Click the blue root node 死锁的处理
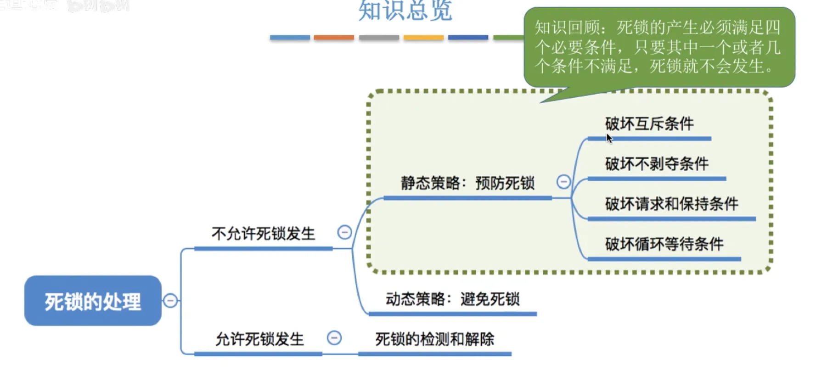point(93,301)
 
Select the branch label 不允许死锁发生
point(263,234)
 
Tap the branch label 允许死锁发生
point(259,339)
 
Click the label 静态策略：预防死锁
point(467,183)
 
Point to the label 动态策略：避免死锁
point(452,299)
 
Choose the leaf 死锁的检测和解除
point(434,339)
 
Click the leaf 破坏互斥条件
point(649,123)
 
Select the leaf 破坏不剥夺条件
point(657,164)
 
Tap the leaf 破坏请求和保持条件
point(671,204)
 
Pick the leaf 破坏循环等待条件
point(664,244)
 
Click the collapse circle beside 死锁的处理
point(170,301)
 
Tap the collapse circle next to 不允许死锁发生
point(344,232)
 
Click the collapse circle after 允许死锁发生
point(334,338)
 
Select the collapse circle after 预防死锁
point(563,182)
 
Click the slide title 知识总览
point(405,11)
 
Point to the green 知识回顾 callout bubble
point(659,47)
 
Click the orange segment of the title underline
point(334,38)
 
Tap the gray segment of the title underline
point(379,38)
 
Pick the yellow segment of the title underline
point(423,38)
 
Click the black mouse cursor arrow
point(609,138)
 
